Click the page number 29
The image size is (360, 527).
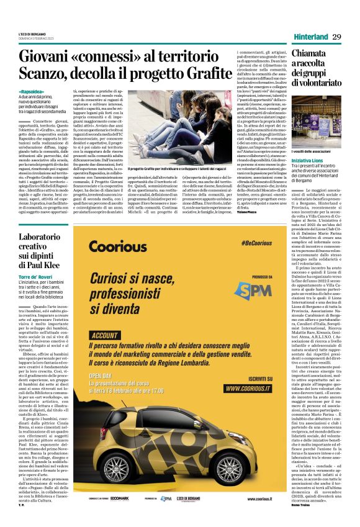337,37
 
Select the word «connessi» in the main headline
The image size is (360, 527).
115,56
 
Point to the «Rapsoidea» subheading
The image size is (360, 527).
32,92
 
